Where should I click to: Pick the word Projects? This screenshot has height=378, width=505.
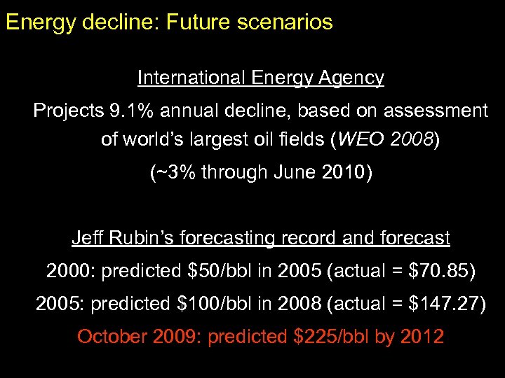(68, 111)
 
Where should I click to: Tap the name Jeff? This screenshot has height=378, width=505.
(87, 238)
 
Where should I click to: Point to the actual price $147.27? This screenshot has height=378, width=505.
(444, 303)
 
